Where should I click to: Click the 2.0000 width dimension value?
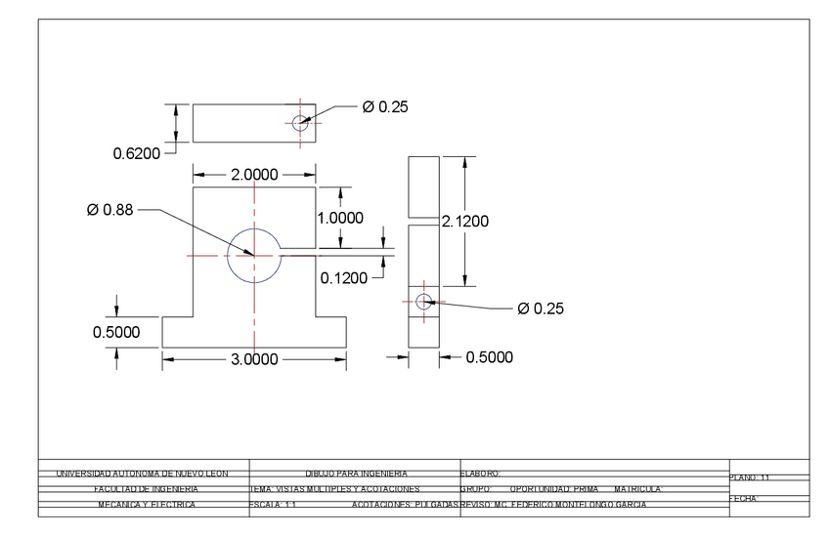tap(254, 175)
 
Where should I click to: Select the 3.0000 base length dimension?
tap(254, 359)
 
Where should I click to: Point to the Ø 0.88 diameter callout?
tap(109, 210)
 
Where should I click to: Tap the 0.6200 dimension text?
tap(136, 152)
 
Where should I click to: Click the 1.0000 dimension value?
tap(340, 218)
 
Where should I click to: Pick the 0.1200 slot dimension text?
tap(344, 278)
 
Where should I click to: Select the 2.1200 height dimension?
tap(465, 222)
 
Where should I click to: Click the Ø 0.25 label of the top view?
tap(385, 107)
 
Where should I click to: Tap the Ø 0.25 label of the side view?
tap(541, 309)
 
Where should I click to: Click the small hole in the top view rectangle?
tap(300, 122)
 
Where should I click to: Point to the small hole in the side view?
tap(423, 302)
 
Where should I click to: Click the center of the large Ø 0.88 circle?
tap(254, 255)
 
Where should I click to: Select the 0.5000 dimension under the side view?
tap(488, 357)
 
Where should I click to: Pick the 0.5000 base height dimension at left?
tap(116, 333)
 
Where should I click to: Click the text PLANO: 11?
tap(750, 477)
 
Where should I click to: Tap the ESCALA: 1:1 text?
tap(274, 505)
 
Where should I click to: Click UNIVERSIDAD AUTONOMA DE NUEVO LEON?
tap(142, 474)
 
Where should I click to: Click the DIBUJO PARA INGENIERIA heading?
tap(356, 474)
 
